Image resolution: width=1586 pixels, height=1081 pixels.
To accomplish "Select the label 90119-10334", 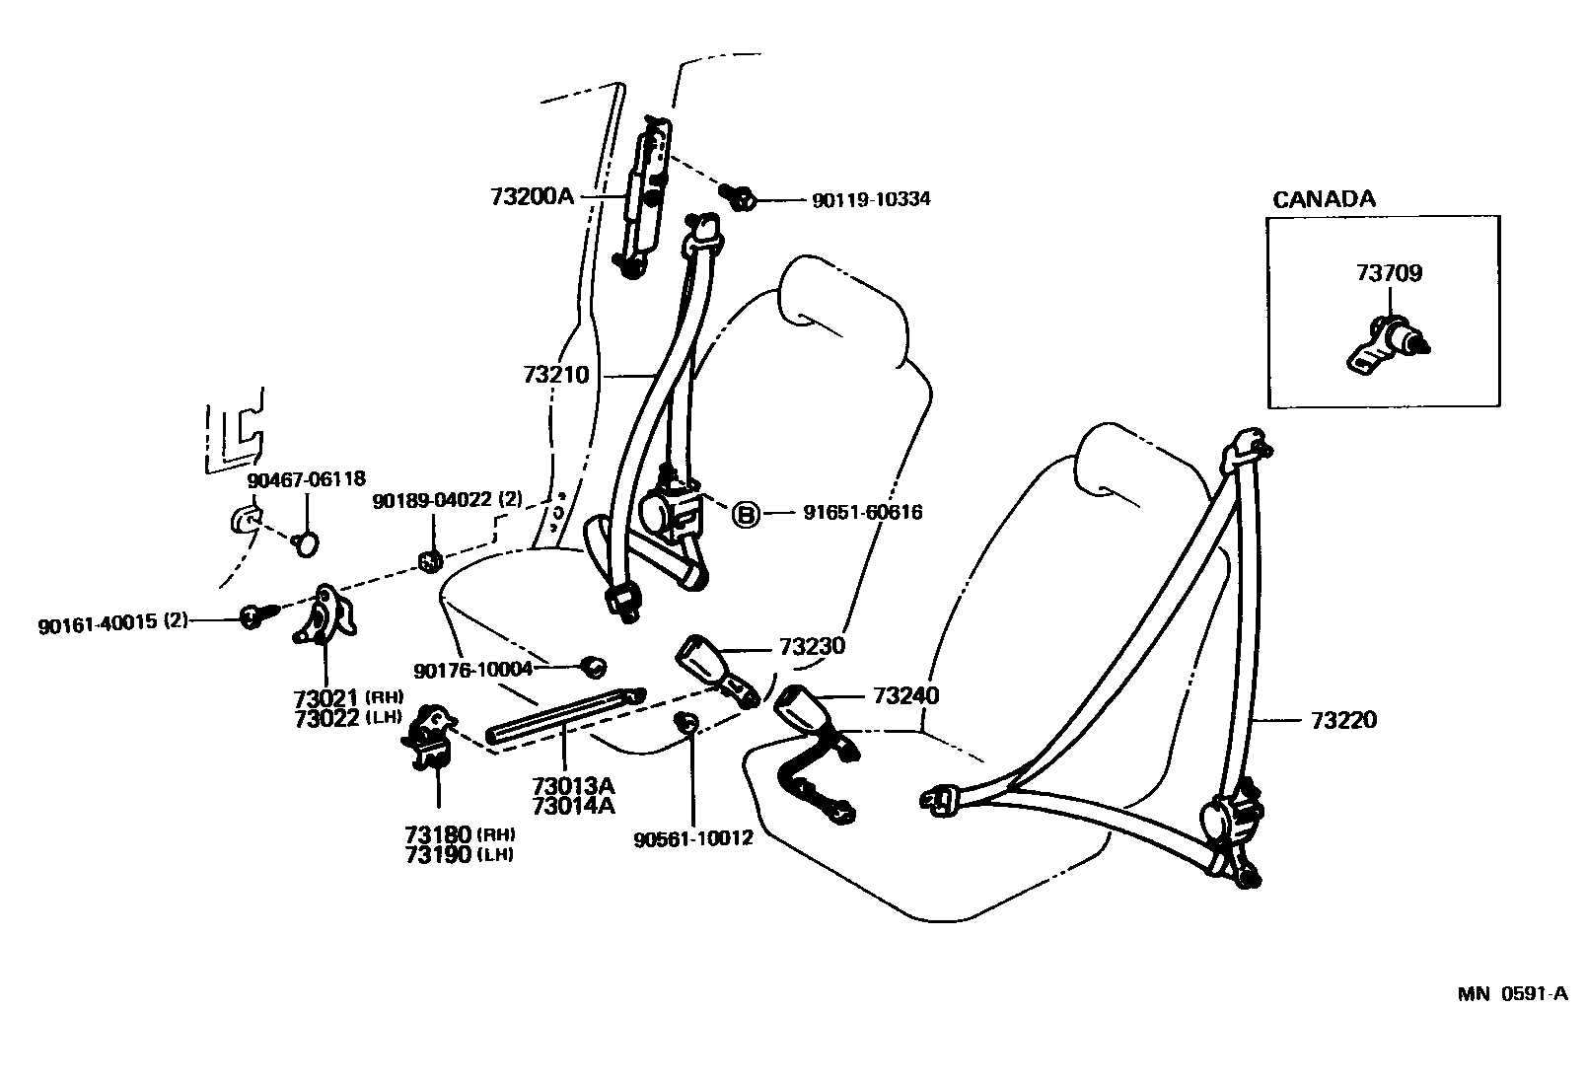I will pyautogui.click(x=870, y=200).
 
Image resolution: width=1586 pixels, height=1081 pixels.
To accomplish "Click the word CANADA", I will pyautogui.click(x=1324, y=199).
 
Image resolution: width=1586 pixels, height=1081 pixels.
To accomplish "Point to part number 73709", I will pyautogui.click(x=1389, y=273).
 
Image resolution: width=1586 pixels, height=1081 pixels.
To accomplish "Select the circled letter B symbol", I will pyautogui.click(x=746, y=513).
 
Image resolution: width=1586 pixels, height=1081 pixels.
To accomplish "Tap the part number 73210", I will pyautogui.click(x=556, y=375).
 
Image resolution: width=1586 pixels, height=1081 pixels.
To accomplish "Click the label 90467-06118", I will pyautogui.click(x=306, y=478).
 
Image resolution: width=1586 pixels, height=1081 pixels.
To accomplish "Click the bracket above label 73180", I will pyautogui.click(x=432, y=735).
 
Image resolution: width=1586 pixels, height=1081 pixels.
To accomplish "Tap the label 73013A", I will pyautogui.click(x=573, y=786).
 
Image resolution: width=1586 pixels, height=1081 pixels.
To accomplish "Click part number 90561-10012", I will pyautogui.click(x=693, y=838).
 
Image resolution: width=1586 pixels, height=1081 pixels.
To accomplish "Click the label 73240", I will pyautogui.click(x=905, y=695).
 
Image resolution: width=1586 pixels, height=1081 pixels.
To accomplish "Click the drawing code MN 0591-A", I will pyautogui.click(x=1512, y=993).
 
